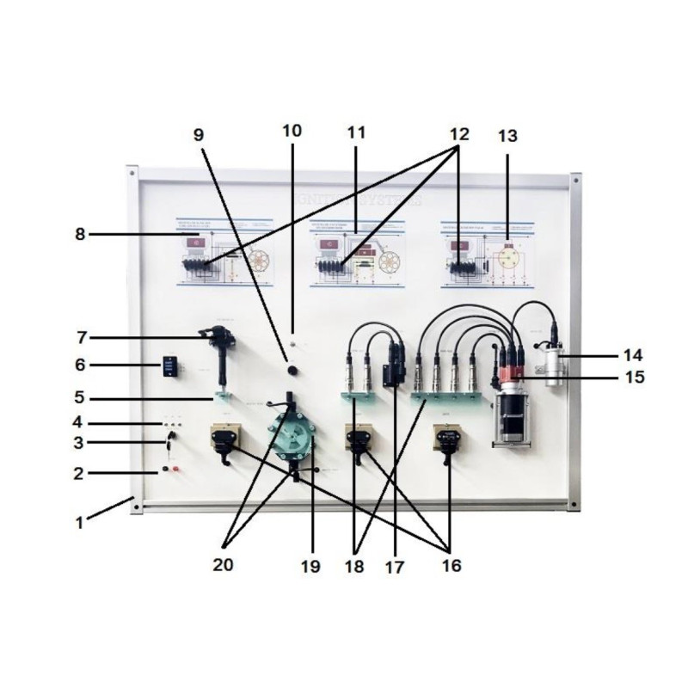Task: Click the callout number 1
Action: click(80, 522)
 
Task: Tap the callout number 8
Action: click(80, 232)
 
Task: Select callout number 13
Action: click(509, 135)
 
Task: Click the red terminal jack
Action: click(178, 470)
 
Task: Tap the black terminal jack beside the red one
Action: click(163, 470)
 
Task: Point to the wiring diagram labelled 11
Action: click(355, 258)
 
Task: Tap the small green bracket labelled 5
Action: click(222, 396)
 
